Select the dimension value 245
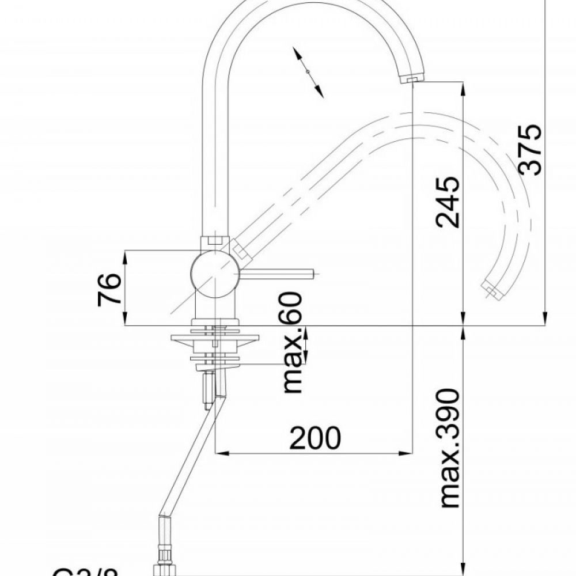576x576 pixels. click(x=449, y=202)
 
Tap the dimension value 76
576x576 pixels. click(x=109, y=289)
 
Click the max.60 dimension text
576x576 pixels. click(x=293, y=343)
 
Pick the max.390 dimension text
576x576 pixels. click(x=449, y=448)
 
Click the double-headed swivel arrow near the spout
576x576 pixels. click(x=308, y=72)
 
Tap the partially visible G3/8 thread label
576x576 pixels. click(x=86, y=571)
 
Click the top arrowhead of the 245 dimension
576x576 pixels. click(x=464, y=88)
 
